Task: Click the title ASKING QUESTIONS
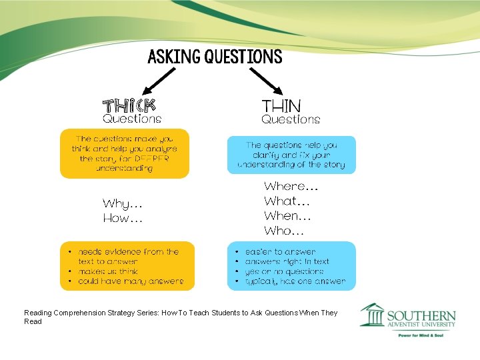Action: coord(215,57)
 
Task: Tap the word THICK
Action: coord(129,105)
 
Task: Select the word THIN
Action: coord(281,105)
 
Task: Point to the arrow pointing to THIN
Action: coord(267,81)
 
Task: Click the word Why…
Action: coord(122,203)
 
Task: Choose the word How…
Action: coord(122,218)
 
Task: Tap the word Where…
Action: coord(291,186)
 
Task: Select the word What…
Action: coord(287,201)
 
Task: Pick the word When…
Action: coord(287,216)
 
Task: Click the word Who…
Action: coord(284,231)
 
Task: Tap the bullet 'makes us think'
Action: coord(107,271)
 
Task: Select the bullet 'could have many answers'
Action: coord(130,281)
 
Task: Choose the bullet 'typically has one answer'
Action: coord(295,281)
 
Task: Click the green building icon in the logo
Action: coord(372,315)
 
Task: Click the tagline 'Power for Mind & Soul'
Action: coord(420,335)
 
